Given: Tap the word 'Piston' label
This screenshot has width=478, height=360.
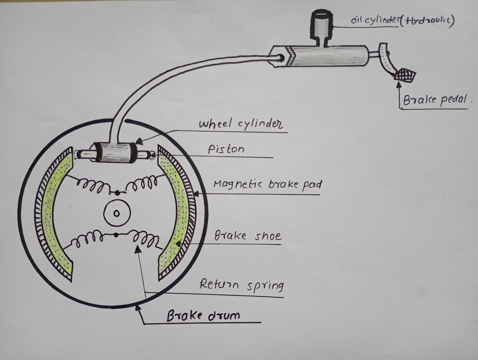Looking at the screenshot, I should [226, 149].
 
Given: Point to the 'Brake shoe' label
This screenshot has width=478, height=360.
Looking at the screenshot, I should [247, 236].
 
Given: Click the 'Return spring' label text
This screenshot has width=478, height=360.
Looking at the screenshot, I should [241, 285].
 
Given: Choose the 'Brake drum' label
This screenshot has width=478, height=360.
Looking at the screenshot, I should [203, 316].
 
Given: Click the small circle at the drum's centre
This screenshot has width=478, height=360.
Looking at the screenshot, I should [116, 214].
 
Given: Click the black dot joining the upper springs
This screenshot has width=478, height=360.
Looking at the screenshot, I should [117, 193].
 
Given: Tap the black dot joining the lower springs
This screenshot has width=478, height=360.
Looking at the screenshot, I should [116, 235].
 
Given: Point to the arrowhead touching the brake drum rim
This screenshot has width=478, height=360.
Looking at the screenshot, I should [138, 307].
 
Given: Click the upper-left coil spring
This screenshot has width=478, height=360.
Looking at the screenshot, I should [91, 185].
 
